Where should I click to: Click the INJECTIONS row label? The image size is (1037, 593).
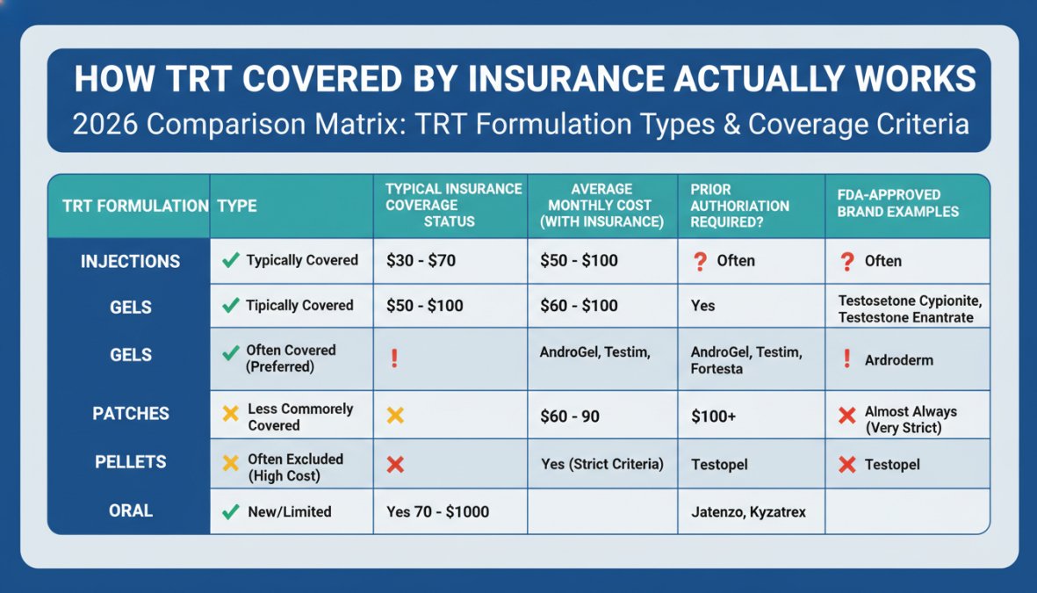pyautogui.click(x=130, y=262)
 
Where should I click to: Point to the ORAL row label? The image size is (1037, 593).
pyautogui.click(x=130, y=510)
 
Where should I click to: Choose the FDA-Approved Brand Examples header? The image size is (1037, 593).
pyautogui.click(x=897, y=203)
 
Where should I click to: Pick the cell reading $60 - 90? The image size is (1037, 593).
pyautogui.click(x=569, y=416)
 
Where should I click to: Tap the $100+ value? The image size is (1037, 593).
pyautogui.click(x=714, y=416)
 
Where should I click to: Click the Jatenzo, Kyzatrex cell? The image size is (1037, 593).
pyautogui.click(x=746, y=511)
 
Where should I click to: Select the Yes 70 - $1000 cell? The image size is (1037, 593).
pyautogui.click(x=437, y=511)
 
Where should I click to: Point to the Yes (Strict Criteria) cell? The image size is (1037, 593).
pyautogui.click(x=601, y=464)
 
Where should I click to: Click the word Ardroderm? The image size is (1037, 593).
pyautogui.click(x=898, y=360)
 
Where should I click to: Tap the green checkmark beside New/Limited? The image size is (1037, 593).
pyautogui.click(x=231, y=511)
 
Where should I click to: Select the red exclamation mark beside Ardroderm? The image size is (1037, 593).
pyautogui.click(x=846, y=359)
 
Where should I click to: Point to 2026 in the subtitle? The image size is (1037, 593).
pyautogui.click(x=105, y=124)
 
